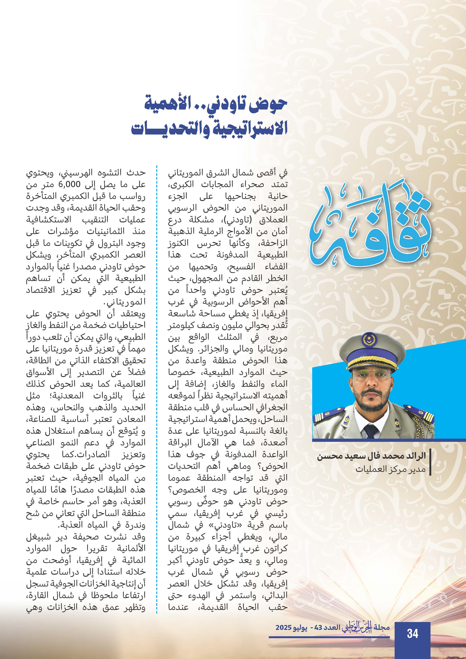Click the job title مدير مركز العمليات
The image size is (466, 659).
(390, 469)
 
